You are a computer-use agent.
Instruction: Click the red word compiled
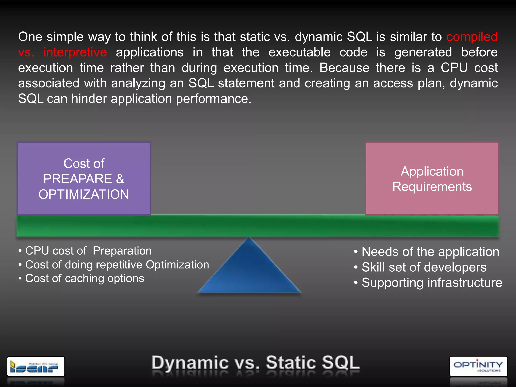472,37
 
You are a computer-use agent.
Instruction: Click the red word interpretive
75,52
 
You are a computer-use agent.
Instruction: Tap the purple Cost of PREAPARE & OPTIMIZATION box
84,179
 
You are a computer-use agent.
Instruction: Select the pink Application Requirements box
432,179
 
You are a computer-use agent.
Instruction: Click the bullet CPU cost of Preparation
88,251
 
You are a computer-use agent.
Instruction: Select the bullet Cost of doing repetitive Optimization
117,265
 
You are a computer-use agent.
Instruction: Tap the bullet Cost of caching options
84,278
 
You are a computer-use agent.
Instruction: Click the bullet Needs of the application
430,252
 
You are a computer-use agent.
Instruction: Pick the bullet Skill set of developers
424,267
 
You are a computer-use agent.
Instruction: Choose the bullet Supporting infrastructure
432,283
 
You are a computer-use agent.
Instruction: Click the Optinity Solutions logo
478,366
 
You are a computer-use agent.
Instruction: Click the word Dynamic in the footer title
190,363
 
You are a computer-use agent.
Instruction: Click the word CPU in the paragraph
454,68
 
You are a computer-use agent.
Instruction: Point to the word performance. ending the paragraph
214,99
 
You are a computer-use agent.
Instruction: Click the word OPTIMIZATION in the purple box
84,195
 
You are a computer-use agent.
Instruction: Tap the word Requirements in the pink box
432,187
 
